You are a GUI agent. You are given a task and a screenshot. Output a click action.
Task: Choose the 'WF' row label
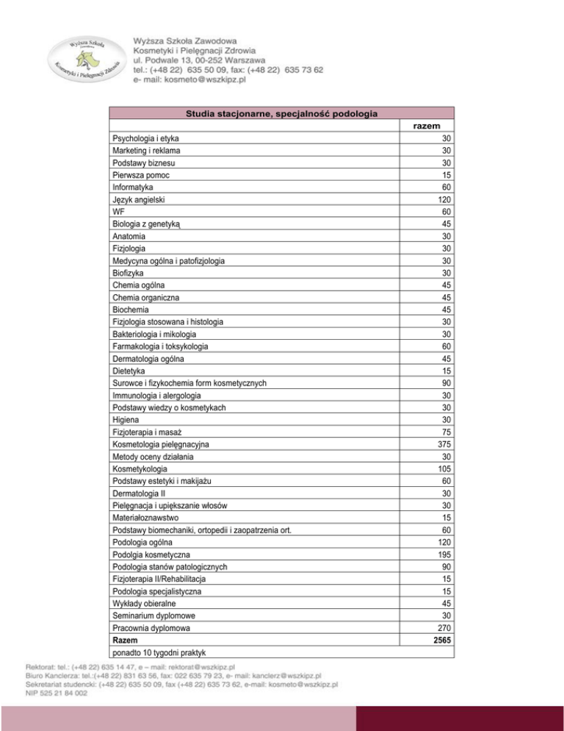(x=118, y=211)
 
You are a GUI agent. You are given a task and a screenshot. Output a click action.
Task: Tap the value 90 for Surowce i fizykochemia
(x=445, y=382)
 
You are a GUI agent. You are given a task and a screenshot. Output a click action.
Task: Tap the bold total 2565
(x=441, y=640)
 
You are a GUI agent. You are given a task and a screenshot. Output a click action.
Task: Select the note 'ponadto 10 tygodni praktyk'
(x=158, y=652)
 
